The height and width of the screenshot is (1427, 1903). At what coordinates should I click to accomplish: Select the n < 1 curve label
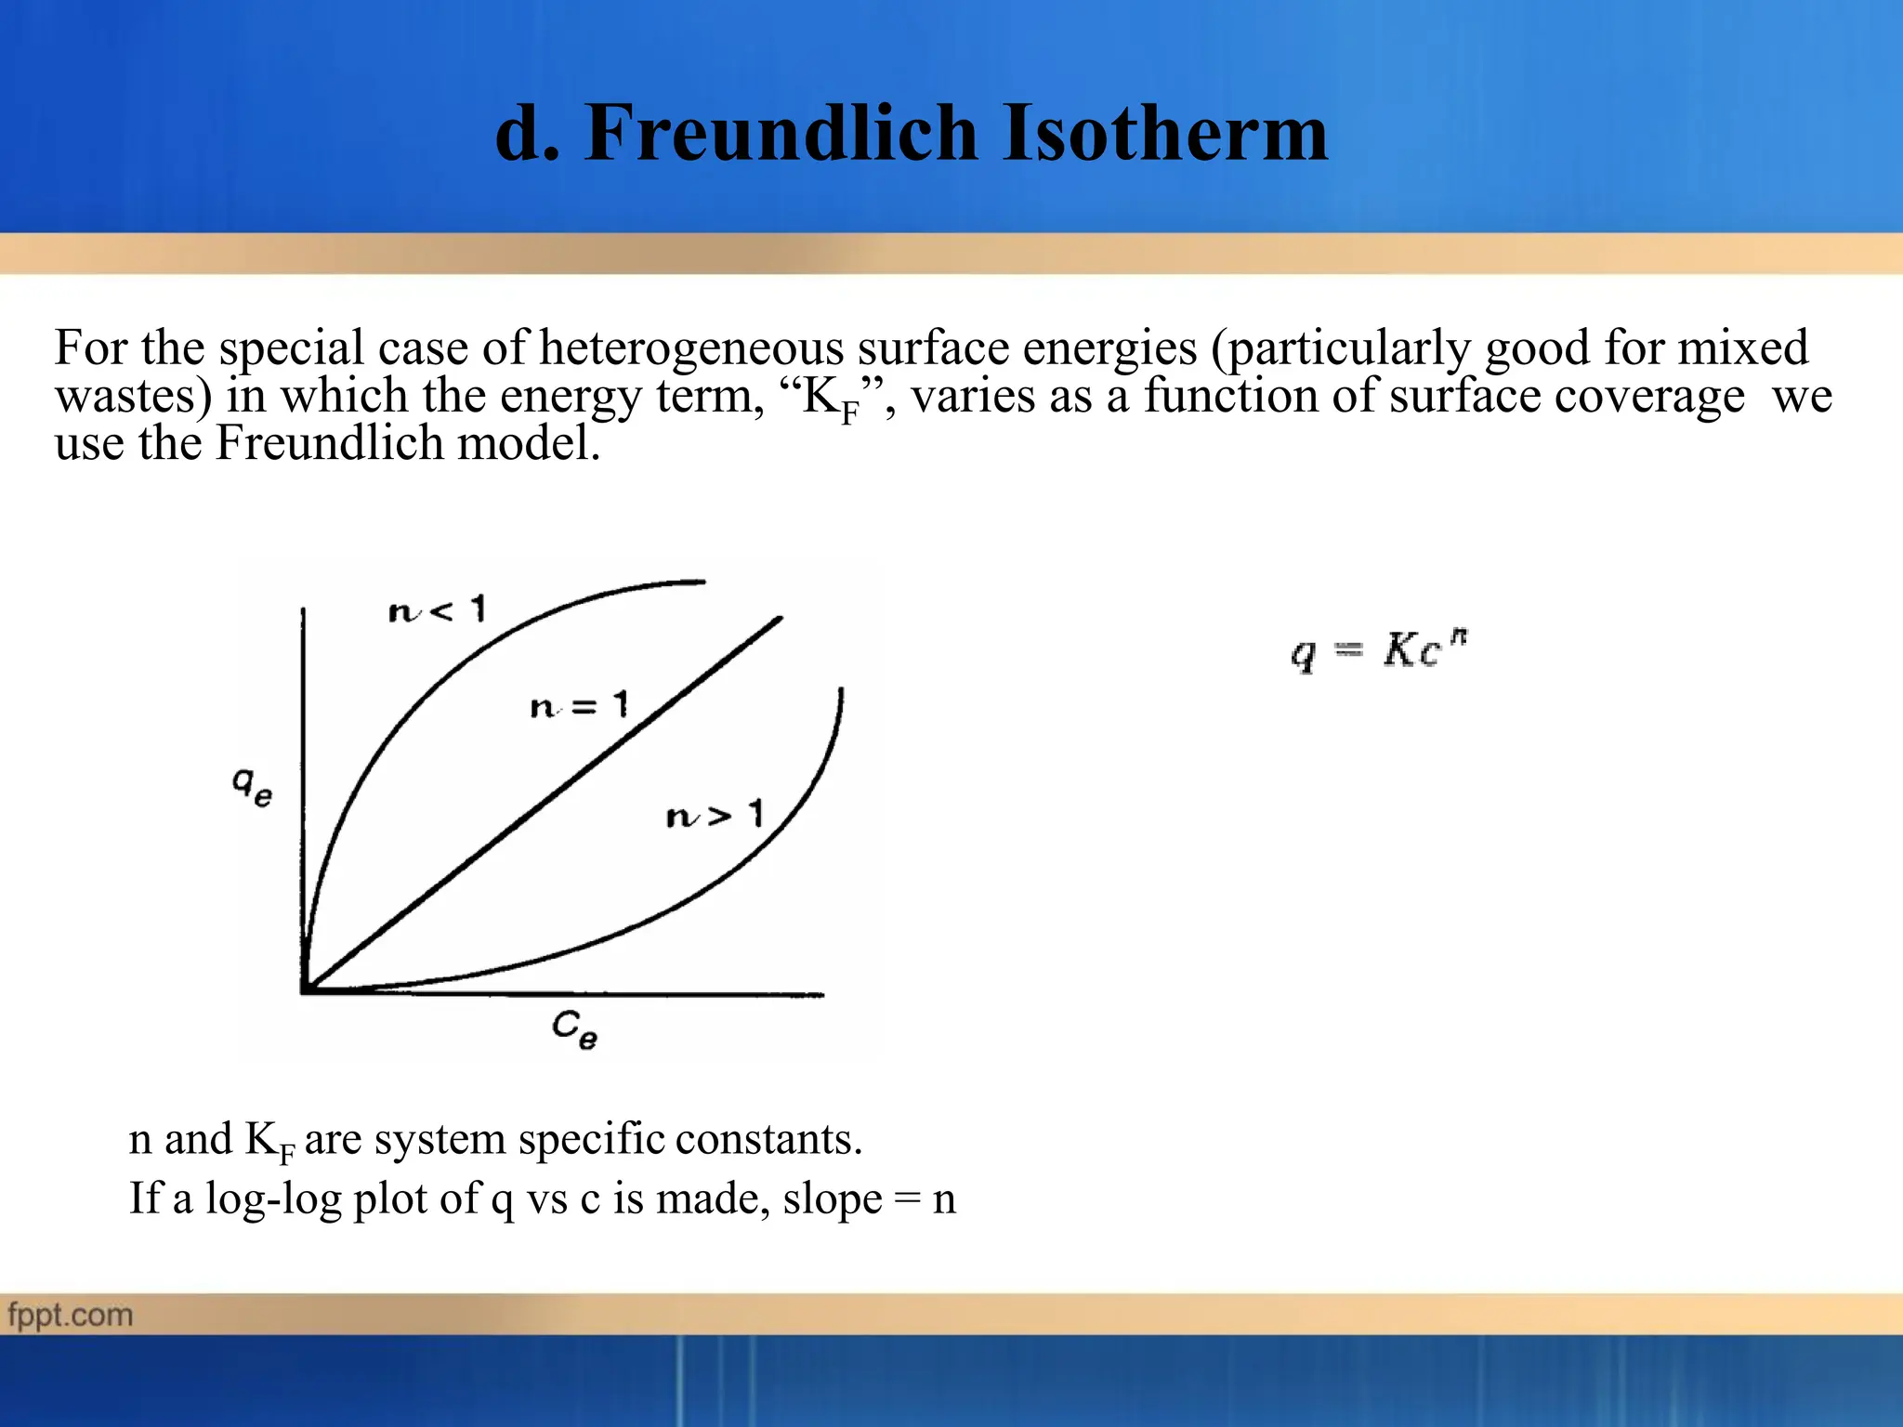click(x=437, y=610)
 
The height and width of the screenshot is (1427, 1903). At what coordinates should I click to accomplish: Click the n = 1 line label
click(x=579, y=706)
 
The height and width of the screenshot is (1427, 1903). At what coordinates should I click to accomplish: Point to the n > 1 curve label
click(x=715, y=816)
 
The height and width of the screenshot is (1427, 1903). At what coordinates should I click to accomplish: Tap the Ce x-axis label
click(x=574, y=1029)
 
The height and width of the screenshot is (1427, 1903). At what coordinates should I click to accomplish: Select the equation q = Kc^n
click(x=1379, y=649)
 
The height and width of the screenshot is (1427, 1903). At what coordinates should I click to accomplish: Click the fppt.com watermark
click(x=71, y=1316)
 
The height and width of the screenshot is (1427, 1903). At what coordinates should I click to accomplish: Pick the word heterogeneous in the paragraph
click(x=690, y=348)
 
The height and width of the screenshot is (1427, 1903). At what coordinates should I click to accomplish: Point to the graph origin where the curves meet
click(x=305, y=990)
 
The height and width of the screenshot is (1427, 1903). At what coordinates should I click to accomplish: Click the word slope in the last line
click(x=832, y=1198)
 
